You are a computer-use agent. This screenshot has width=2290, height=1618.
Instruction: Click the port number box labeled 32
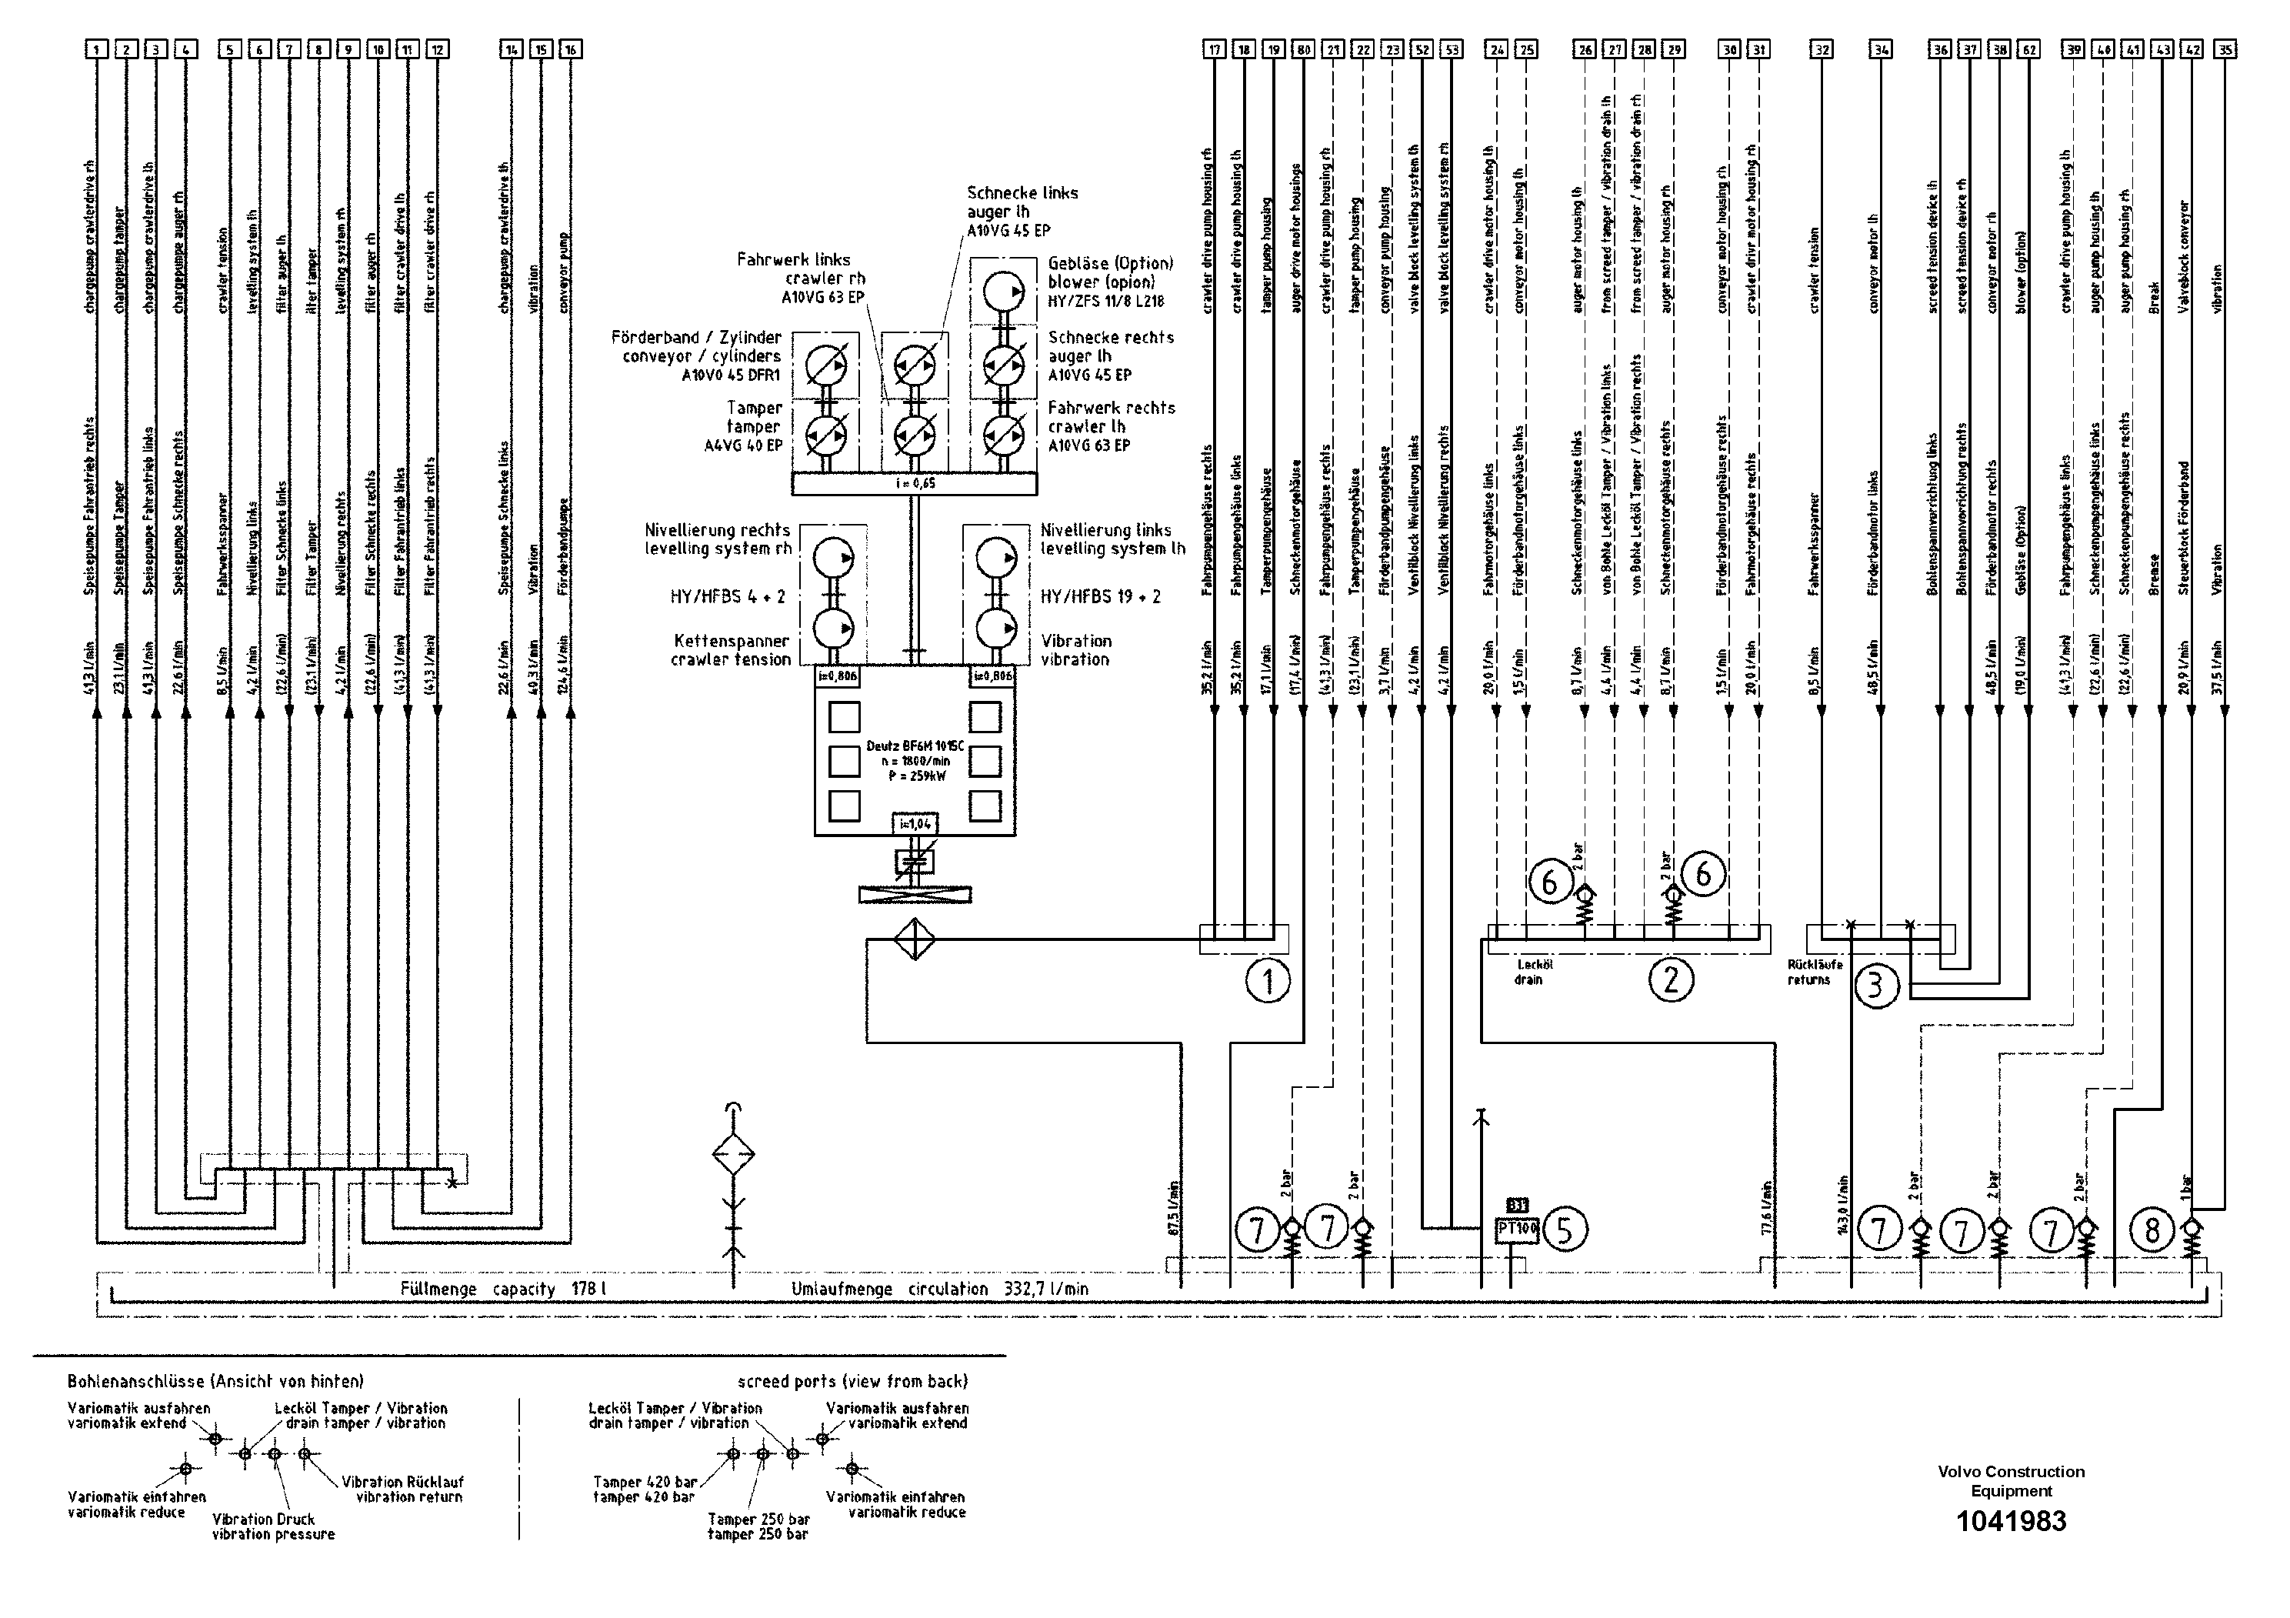coord(1822,49)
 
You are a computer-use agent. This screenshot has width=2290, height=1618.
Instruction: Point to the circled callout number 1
coord(1268,982)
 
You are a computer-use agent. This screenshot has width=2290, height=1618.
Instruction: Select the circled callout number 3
coord(1876,986)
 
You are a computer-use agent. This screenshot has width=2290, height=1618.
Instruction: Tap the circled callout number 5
coord(1564,1230)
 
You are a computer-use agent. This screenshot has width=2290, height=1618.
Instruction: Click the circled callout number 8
coord(2152,1230)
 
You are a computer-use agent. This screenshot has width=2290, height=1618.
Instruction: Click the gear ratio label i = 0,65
coord(915,484)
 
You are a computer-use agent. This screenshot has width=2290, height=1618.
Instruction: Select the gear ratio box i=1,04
coord(915,824)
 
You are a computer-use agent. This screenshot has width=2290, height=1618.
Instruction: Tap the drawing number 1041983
coord(2011,1521)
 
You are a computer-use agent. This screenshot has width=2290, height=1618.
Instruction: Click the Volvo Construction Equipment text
coord(2011,1481)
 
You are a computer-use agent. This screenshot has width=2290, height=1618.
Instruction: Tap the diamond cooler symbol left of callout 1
coord(914,939)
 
